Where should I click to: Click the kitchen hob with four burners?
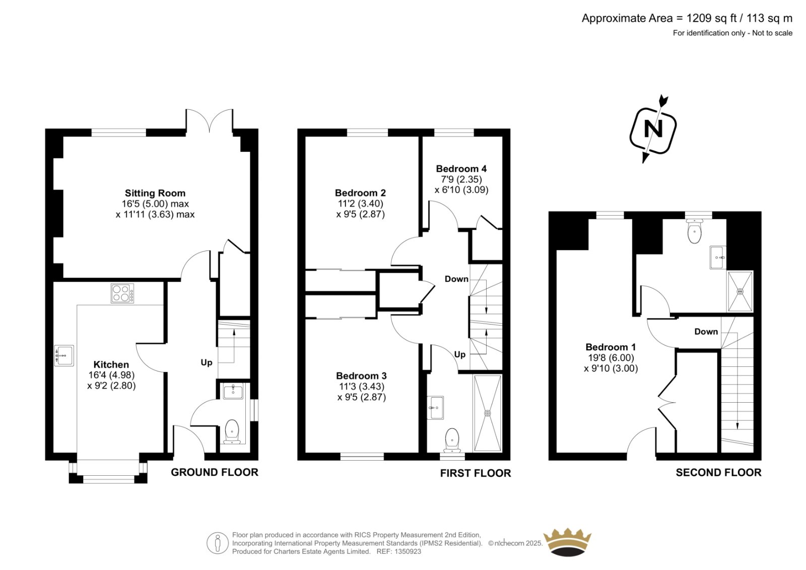click(122, 293)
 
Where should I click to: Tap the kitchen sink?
click(64, 355)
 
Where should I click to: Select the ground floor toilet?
click(232, 431)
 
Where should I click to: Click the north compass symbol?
click(653, 129)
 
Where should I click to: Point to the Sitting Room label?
click(155, 193)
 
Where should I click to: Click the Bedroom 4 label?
click(461, 168)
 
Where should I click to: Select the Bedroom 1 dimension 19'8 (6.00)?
click(611, 357)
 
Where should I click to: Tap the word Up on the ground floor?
click(207, 362)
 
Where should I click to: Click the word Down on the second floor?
click(706, 332)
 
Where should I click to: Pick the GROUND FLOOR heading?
click(215, 472)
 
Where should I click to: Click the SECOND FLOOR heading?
click(718, 472)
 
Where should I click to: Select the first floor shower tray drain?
click(488, 413)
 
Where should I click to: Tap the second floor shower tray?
click(740, 291)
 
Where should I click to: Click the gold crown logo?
click(567, 543)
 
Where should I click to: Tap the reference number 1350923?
click(408, 551)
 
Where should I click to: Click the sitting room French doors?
click(210, 120)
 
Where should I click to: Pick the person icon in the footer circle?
click(217, 543)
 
